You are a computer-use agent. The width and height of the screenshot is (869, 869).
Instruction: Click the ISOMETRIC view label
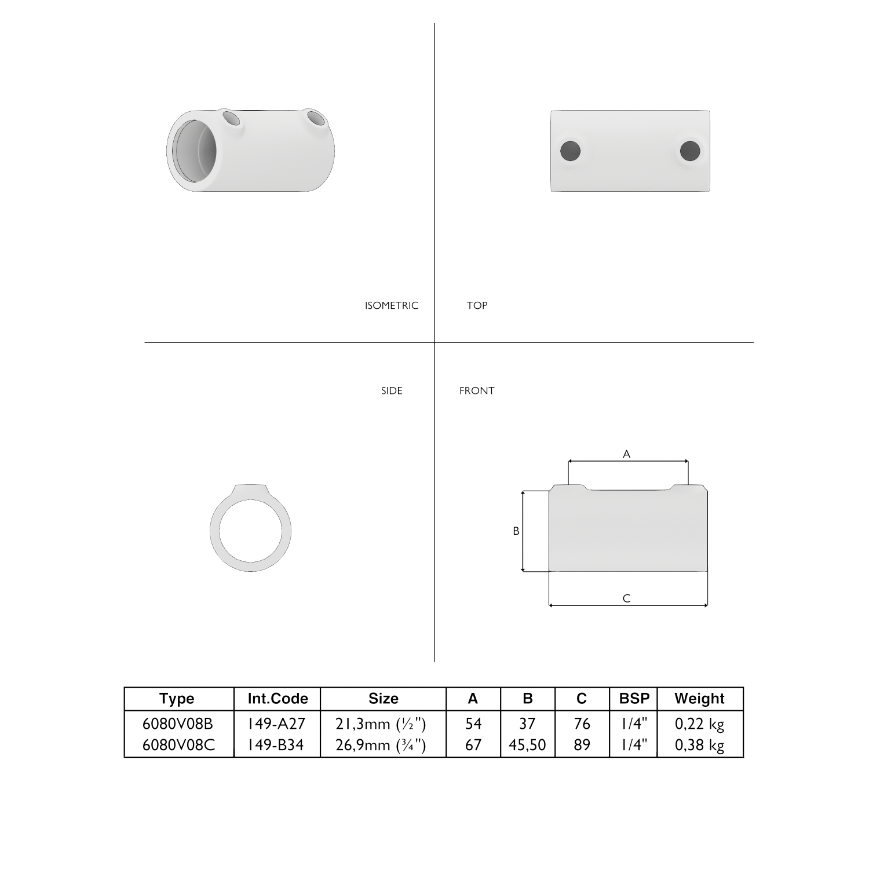pos(391,305)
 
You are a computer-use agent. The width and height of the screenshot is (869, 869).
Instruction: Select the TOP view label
pos(477,305)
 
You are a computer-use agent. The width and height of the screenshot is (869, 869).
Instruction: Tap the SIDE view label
pos(392,390)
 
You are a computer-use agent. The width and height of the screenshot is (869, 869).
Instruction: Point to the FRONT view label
pos(477,390)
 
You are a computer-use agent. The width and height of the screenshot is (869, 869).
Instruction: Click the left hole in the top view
pos(571,151)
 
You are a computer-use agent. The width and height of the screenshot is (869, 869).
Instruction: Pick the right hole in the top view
pos(690,151)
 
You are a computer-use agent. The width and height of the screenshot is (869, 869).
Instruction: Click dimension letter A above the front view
pos(626,454)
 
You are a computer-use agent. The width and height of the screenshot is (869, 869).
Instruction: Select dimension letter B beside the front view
pos(516,531)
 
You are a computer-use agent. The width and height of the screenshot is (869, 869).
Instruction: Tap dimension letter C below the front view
pos(626,598)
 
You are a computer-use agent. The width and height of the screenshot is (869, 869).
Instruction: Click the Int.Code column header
pos(278,699)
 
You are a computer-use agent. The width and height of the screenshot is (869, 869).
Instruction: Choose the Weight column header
pos(699,699)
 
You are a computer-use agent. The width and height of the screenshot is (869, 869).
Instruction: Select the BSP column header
pos(634,699)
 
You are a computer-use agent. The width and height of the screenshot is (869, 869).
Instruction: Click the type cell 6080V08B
pos(178,724)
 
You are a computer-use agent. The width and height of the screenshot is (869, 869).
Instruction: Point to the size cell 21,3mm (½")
pos(381,724)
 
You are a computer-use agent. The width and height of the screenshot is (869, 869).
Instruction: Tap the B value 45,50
pos(527,745)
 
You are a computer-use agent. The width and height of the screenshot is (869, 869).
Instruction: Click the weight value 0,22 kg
pos(699,724)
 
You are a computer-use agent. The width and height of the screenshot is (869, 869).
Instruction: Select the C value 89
pos(582,745)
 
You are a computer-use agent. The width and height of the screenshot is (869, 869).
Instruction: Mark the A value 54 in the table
pos(473,724)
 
